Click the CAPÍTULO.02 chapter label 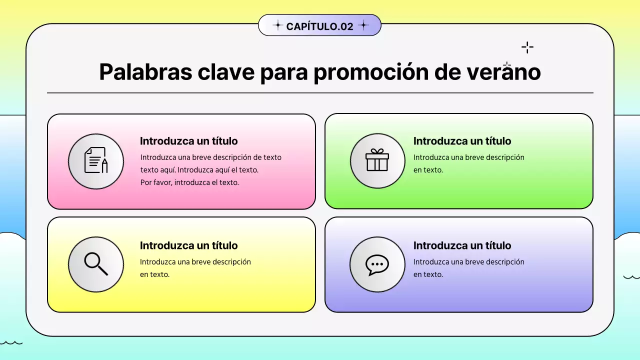(319, 26)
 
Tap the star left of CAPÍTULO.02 (277, 25)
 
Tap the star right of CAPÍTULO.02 (363, 25)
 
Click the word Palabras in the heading (145, 72)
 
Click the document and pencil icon (96, 160)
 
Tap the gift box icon (377, 160)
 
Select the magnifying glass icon (96, 263)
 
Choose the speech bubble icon (377, 264)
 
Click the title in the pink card (188, 141)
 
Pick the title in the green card (462, 141)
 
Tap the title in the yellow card (188, 245)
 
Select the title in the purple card (462, 245)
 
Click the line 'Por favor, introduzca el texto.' (189, 182)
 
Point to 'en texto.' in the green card (428, 170)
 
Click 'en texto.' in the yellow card (154, 274)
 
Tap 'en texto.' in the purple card (428, 274)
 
